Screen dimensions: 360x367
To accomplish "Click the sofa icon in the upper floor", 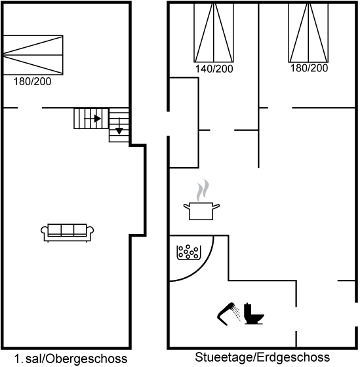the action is click(x=68, y=233).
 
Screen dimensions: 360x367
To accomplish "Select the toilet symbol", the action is click(x=254, y=314).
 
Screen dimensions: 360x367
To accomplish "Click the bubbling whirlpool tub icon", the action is click(x=189, y=252).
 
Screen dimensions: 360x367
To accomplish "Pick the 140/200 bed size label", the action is click(x=214, y=69).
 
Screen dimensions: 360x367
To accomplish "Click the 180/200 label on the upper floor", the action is click(x=32, y=81).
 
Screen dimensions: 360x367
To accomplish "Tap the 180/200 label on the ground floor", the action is click(x=309, y=68).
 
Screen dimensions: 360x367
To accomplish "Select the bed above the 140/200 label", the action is click(x=214, y=33).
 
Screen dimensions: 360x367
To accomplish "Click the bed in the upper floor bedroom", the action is click(x=33, y=55).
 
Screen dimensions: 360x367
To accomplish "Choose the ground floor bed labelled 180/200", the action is click(x=308, y=33).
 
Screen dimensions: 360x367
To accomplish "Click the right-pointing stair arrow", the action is click(x=92, y=119).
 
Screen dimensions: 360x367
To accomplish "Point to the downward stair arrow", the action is click(x=119, y=126).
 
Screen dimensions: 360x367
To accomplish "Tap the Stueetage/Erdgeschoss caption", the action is click(x=262, y=357).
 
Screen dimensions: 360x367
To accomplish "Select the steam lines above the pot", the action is click(x=203, y=190).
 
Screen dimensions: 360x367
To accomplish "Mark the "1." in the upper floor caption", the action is click(x=18, y=358).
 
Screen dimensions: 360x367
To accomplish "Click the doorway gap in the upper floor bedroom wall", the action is click(x=30, y=108).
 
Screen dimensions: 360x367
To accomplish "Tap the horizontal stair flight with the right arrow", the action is click(x=91, y=119).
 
